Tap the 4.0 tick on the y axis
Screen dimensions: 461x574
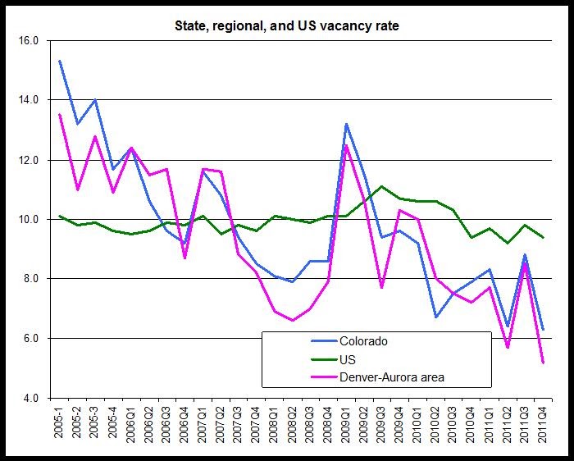click(x=30, y=399)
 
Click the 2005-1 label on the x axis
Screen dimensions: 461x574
click(x=60, y=426)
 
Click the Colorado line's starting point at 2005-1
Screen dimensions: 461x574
click(x=60, y=61)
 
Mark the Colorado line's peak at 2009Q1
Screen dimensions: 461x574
click(x=346, y=124)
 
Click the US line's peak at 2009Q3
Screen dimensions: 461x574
click(x=381, y=186)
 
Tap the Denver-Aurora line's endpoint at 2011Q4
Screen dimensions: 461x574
click(x=543, y=362)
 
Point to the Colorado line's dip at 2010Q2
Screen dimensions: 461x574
click(x=435, y=317)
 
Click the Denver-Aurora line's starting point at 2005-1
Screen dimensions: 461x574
click(x=60, y=115)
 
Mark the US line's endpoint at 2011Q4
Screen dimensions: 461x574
click(x=543, y=237)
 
